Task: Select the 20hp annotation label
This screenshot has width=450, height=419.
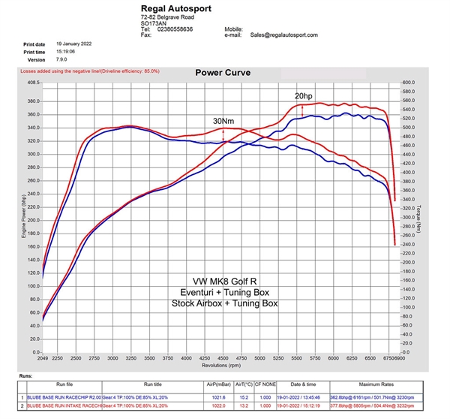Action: coord(304,96)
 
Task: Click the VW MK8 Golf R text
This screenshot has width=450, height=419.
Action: coord(225,281)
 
